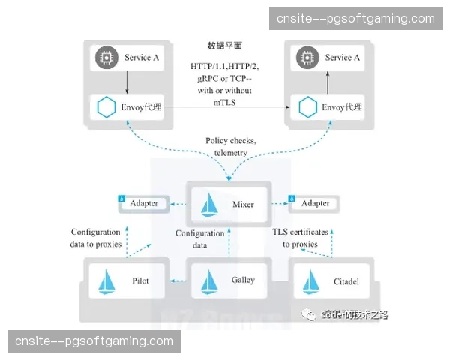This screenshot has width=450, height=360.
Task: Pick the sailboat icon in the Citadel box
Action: coord(310,281)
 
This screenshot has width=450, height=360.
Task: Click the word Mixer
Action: coord(243,204)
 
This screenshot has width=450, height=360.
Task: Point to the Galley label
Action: coord(243,280)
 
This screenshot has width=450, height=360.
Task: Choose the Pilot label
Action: coord(140,281)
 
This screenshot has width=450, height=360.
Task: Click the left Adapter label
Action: coord(144,203)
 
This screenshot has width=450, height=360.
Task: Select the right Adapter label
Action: coord(315,203)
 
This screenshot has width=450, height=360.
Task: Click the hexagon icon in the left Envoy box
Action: coord(106,107)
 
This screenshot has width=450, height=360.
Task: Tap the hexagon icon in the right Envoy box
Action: coord(306,107)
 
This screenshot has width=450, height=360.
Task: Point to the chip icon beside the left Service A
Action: coord(106,57)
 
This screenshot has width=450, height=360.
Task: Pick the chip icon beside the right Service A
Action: coord(306,57)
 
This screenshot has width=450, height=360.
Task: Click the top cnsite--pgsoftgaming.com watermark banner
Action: coord(355,19)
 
